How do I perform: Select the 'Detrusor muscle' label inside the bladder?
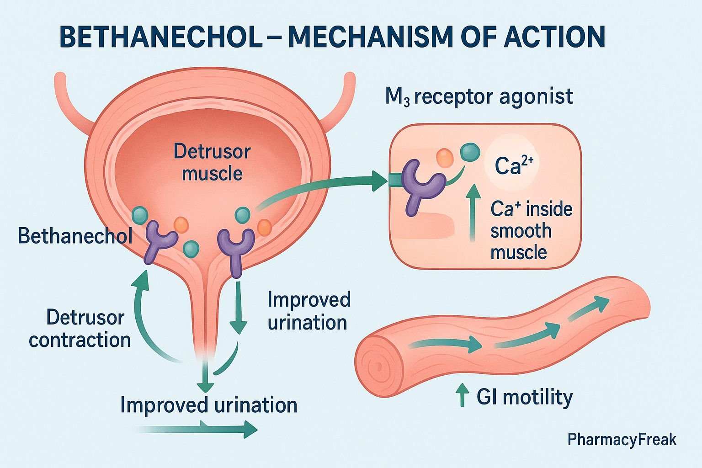212,162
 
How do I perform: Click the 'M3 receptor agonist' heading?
479,97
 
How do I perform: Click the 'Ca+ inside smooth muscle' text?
531,231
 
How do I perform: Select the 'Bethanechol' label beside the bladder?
75,236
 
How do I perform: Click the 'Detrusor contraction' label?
80,329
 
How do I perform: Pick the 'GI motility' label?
525,397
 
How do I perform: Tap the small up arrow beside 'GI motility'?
463,395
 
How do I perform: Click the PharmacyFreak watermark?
622,440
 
